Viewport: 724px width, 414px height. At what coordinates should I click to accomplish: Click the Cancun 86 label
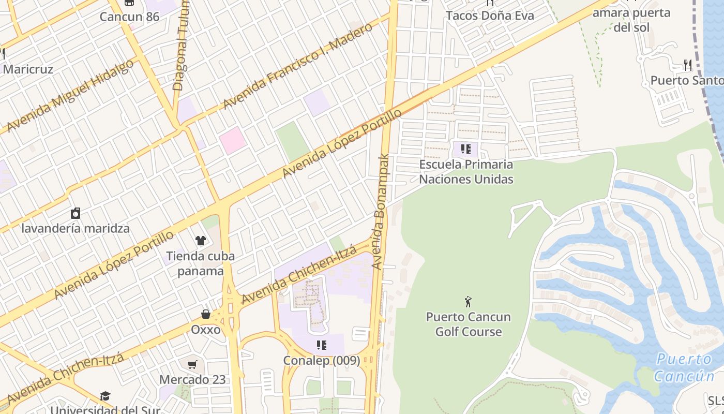click(129, 17)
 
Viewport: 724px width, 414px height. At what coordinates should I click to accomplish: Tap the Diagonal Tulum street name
click(182, 47)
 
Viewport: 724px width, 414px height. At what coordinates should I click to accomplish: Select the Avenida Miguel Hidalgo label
click(70, 96)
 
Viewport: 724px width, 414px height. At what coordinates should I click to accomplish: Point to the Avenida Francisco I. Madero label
click(297, 66)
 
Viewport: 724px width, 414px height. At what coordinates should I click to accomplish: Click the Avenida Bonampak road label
click(381, 212)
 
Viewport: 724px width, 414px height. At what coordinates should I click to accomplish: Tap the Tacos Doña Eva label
click(489, 16)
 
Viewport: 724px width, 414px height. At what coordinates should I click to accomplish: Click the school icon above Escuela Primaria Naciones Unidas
click(465, 150)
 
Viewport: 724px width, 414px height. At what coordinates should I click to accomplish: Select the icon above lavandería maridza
click(76, 213)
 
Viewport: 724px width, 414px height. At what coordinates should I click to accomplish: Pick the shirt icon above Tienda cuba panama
click(200, 241)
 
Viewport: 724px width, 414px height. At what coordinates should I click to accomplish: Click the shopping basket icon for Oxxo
click(206, 315)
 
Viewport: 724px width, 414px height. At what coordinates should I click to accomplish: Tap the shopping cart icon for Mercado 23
click(192, 365)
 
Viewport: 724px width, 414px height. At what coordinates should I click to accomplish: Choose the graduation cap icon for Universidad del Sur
click(105, 396)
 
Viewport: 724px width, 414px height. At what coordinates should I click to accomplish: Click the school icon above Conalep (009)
click(321, 345)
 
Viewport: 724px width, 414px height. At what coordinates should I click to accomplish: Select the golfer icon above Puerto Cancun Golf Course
click(468, 302)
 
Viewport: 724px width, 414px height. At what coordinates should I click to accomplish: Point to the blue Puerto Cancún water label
click(684, 367)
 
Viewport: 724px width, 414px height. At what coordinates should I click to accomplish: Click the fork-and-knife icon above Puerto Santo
click(687, 65)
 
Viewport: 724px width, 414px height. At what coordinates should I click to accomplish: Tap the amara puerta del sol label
click(631, 20)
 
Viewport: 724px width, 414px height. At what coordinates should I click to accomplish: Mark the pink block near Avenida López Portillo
click(232, 140)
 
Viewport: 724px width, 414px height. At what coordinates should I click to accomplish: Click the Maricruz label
click(28, 69)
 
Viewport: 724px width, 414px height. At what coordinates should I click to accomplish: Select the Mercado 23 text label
click(192, 379)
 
